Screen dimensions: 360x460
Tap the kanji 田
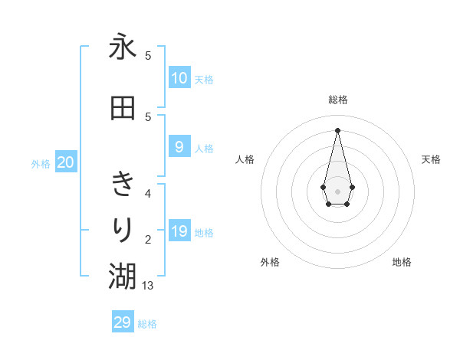pos(123,109)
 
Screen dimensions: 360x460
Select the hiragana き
pos(123,185)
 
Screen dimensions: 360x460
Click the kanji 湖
pos(123,276)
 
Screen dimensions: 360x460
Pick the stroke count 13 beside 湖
pos(148,285)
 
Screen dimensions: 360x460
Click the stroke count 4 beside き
pos(148,193)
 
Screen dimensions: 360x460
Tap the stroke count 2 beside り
pos(148,240)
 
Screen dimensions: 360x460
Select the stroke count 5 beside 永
pos(148,55)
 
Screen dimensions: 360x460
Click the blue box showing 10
pos(179,77)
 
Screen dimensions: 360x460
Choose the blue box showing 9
pos(179,147)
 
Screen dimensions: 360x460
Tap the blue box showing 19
pos(179,231)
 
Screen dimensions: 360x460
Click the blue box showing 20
pos(65,162)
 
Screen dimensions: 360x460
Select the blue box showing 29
pos(123,322)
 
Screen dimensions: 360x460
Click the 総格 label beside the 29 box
pos(147,324)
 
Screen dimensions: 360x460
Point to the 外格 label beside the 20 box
pos(41,163)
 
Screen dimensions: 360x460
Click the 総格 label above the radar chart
pos(337,100)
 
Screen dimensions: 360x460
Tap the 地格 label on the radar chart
pos(402,262)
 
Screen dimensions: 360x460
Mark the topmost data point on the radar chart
pos(337,129)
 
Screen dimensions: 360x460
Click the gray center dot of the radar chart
pos(337,191)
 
